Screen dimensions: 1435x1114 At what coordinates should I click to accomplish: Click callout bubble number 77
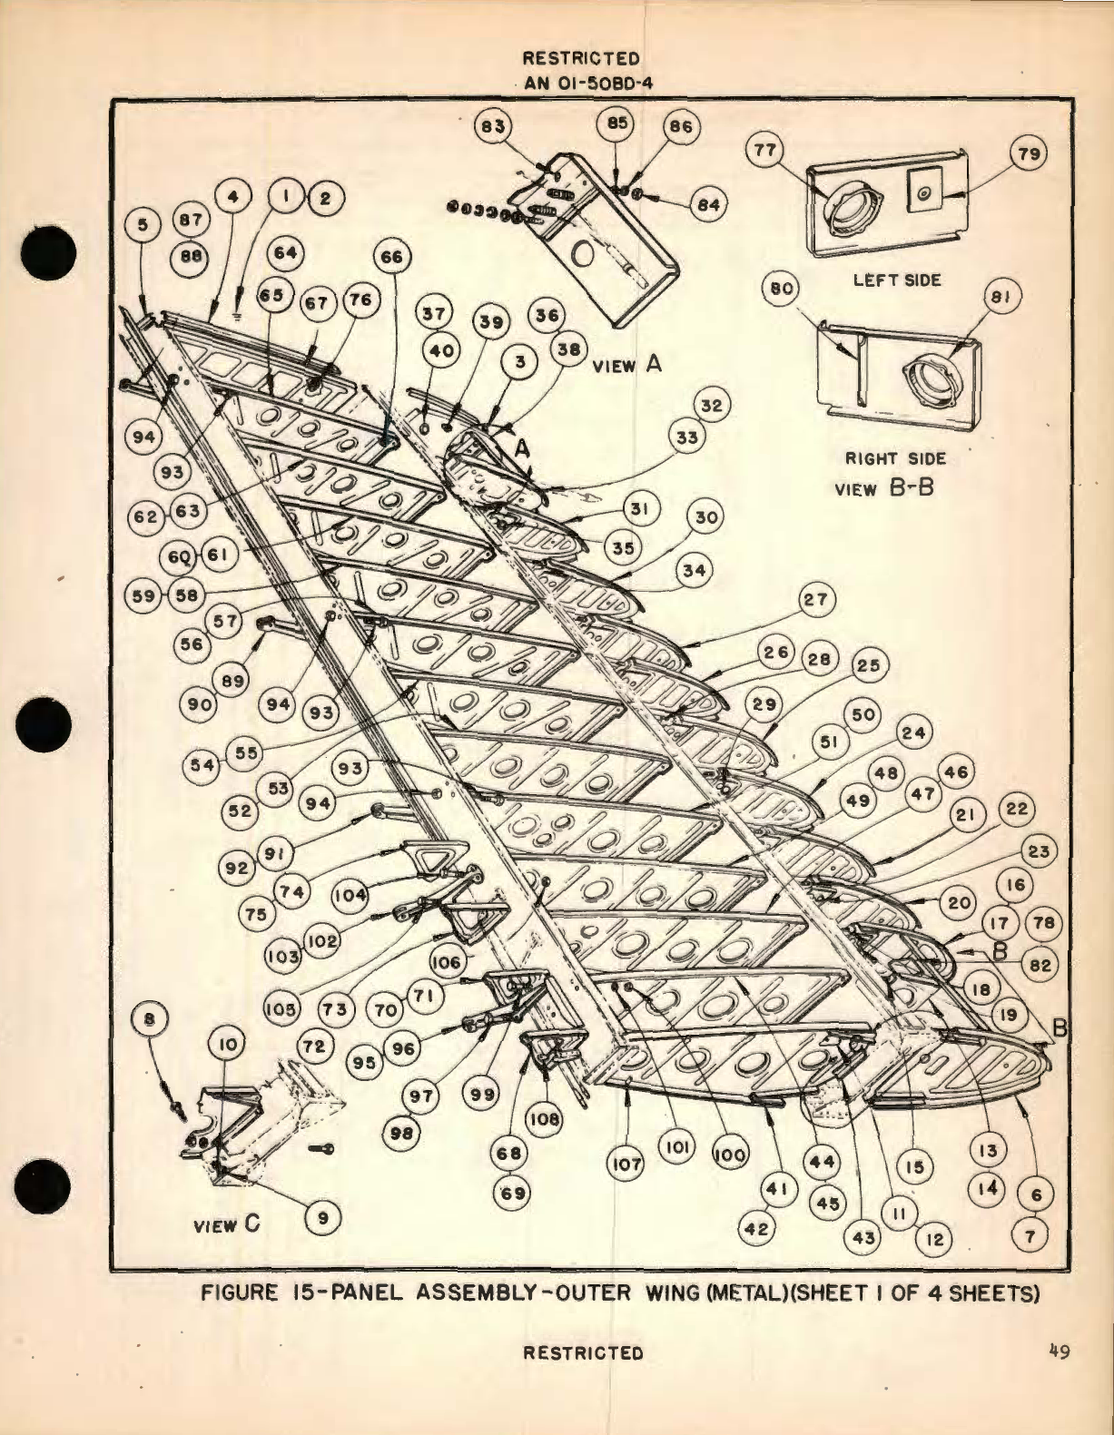coord(765,150)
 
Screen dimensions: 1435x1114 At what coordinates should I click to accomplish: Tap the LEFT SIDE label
coord(896,280)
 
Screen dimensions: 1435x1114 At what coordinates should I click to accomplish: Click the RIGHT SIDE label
coord(894,459)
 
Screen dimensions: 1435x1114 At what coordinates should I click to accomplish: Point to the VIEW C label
coord(226,1224)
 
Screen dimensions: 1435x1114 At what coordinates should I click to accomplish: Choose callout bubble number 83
coord(494,127)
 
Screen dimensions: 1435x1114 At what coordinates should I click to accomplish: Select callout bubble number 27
coord(815,600)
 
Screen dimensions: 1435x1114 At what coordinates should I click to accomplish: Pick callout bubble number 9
coord(322,1217)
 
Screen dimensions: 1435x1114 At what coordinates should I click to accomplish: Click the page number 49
coord(1058,1351)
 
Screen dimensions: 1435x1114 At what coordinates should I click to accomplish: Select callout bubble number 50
coord(863,714)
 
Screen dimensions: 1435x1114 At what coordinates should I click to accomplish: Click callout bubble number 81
coord(1003,297)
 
